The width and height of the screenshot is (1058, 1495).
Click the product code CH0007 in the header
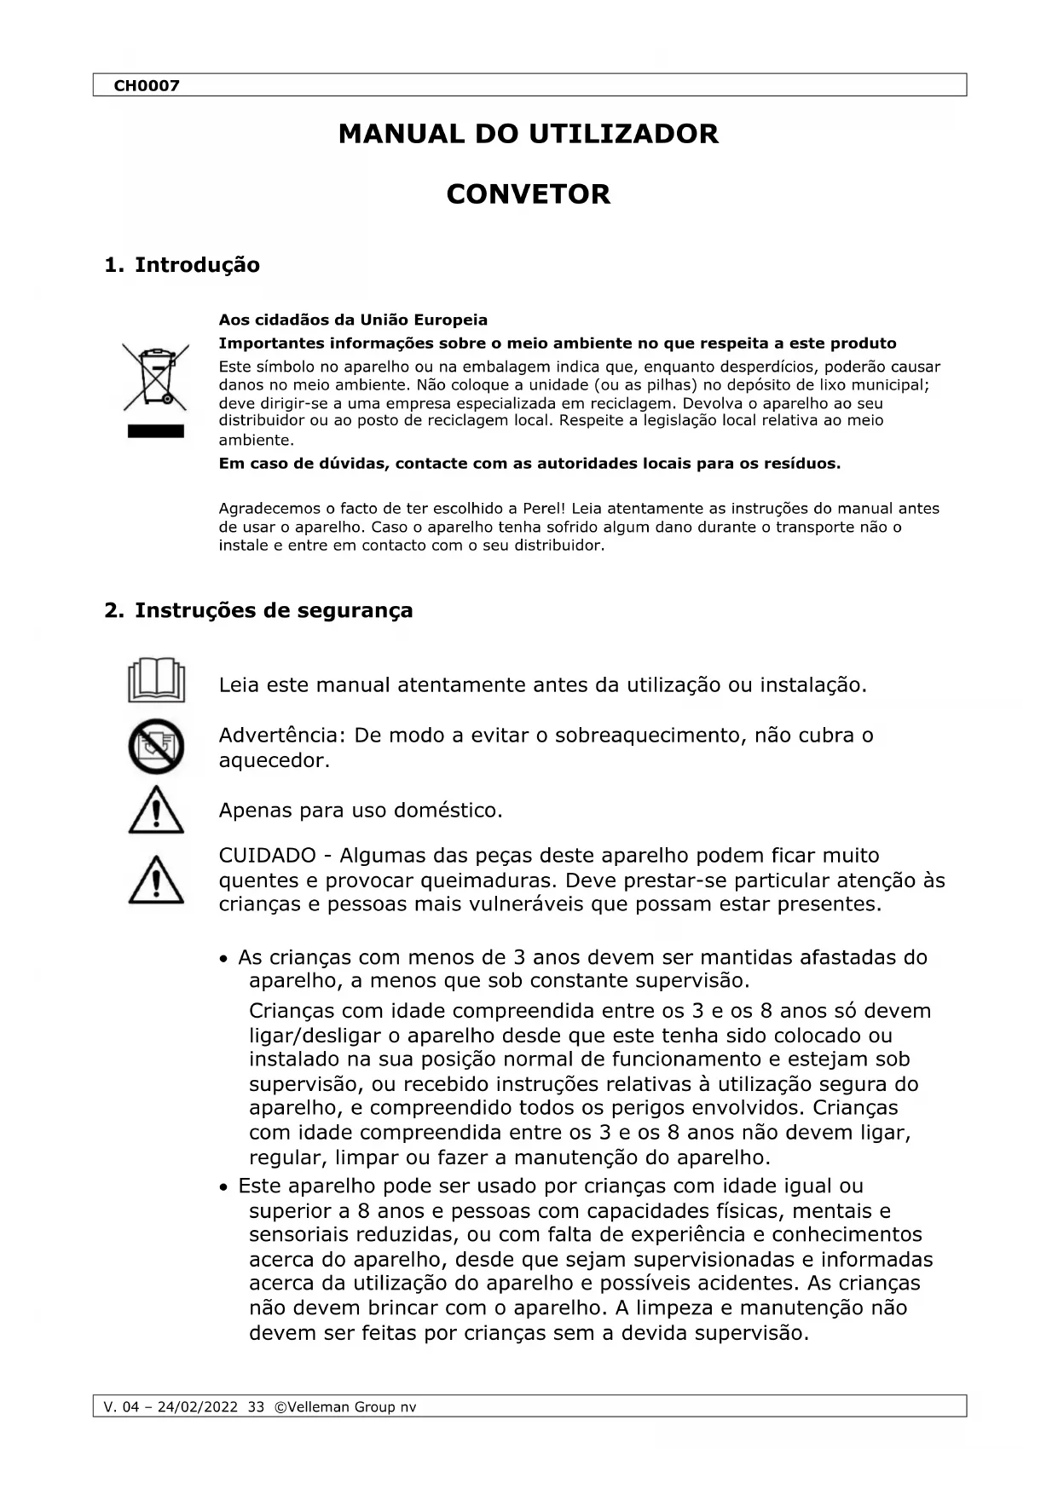point(147,85)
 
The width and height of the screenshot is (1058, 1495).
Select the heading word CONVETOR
point(528,194)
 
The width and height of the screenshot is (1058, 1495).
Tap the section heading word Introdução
point(197,265)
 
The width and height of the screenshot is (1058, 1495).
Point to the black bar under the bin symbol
point(155,430)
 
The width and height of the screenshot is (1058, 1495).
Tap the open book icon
point(156,680)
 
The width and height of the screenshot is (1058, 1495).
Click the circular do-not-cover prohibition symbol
point(156,746)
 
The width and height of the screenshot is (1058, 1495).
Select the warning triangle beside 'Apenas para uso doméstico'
point(156,811)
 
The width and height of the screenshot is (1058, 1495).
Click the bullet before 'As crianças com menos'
point(223,960)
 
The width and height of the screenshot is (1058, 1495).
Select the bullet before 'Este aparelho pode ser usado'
point(223,1187)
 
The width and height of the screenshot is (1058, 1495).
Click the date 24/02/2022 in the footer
point(198,1407)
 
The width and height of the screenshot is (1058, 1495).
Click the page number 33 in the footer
point(256,1407)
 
